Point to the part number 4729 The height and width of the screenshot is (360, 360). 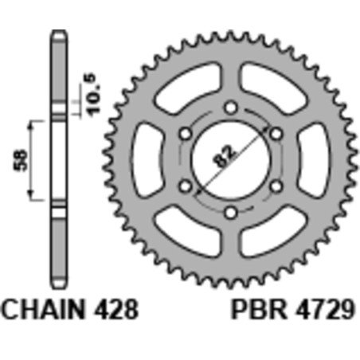pyautogui.click(x=320, y=307)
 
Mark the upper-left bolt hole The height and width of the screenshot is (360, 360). pyautogui.click(x=185, y=133)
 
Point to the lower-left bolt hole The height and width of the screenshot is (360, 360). pyautogui.click(x=185, y=186)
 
